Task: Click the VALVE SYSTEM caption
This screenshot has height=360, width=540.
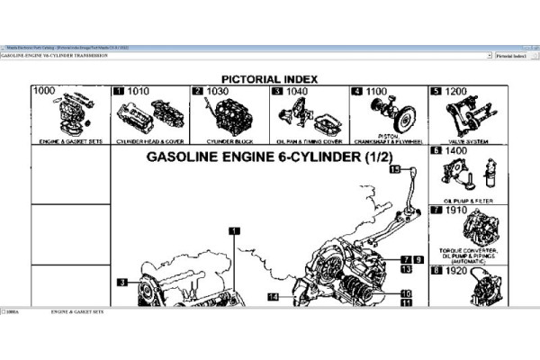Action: [465, 142]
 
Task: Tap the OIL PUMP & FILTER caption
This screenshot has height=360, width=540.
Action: [465, 200]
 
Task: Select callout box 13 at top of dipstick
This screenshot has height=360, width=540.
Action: [393, 169]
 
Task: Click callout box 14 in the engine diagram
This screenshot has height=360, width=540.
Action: [272, 295]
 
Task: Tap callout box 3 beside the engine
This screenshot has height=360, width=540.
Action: [121, 283]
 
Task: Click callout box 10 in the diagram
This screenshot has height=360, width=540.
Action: [407, 293]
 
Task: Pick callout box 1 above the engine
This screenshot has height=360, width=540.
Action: [233, 231]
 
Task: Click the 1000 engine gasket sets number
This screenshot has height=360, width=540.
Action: [44, 91]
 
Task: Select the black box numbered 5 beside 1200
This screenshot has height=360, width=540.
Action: [436, 92]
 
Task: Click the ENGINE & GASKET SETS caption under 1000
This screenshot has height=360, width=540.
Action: [70, 142]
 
